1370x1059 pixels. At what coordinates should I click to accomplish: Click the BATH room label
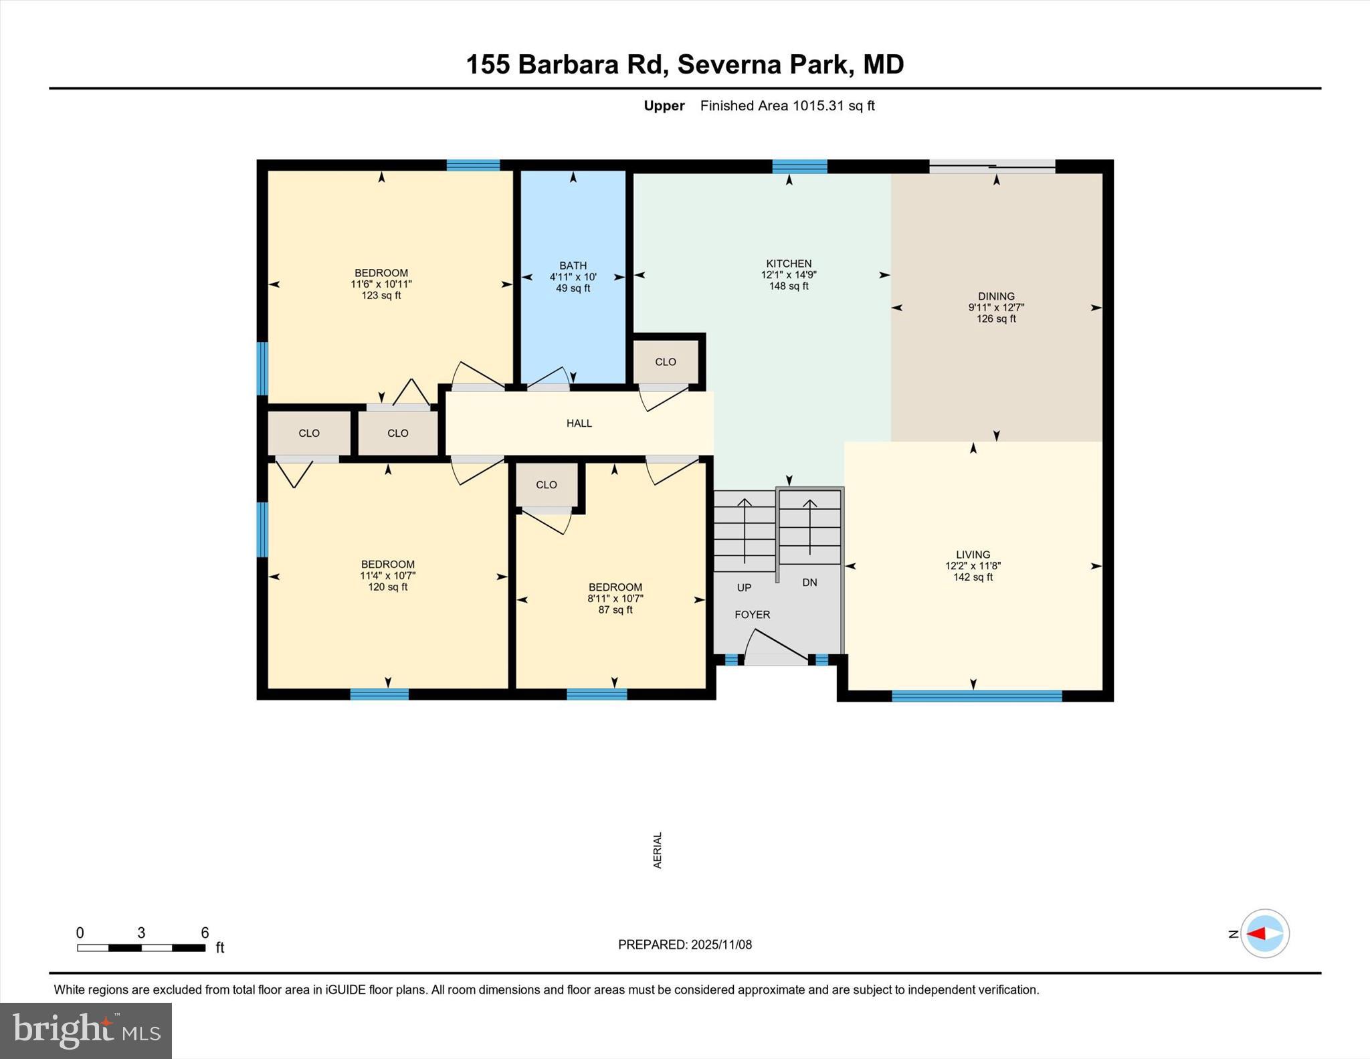click(573, 266)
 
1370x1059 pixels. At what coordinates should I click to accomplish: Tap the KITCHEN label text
click(789, 264)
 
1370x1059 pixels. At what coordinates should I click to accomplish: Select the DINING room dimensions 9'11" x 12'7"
click(996, 308)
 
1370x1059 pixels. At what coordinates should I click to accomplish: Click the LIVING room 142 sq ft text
click(973, 577)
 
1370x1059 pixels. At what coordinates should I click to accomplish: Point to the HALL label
click(579, 423)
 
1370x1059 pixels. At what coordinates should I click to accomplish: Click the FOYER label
click(752, 614)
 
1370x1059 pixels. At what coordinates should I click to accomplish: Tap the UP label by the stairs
click(744, 587)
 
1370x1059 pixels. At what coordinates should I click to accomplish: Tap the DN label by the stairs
click(809, 582)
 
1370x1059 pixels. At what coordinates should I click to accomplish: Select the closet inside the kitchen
click(666, 362)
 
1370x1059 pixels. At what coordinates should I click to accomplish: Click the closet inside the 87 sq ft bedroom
click(546, 485)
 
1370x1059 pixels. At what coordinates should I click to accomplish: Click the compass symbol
click(1264, 933)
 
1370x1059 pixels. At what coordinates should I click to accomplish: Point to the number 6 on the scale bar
click(205, 933)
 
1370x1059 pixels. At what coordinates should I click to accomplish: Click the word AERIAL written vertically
click(658, 850)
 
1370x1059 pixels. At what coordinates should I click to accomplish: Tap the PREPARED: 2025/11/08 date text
click(684, 945)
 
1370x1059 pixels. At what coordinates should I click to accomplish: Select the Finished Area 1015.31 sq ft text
click(787, 106)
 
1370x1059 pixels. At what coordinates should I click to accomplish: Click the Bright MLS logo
click(86, 1030)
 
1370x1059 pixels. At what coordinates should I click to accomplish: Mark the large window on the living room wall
click(976, 696)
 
